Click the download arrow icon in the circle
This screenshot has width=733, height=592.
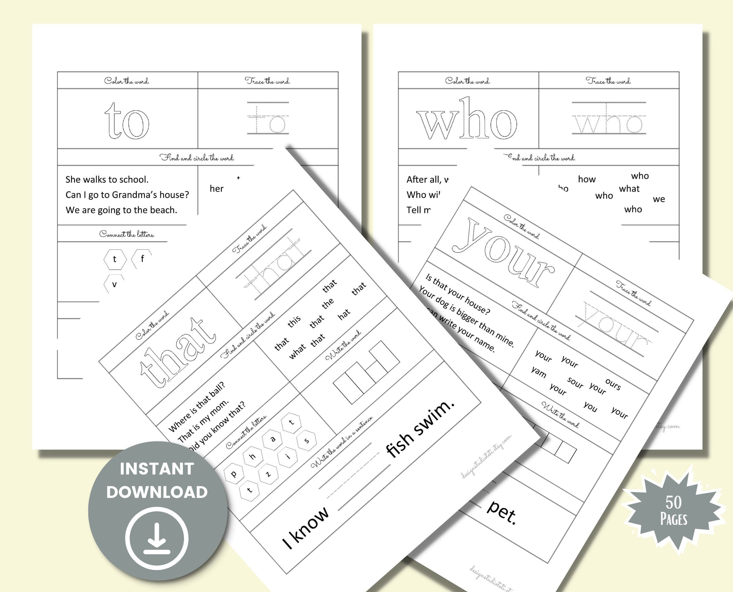(157, 538)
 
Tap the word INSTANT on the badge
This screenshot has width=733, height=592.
(157, 469)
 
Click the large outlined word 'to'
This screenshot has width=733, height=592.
(127, 121)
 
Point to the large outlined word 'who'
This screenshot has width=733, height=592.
(466, 119)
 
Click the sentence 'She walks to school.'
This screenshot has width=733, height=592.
(107, 179)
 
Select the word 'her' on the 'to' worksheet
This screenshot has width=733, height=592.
(217, 188)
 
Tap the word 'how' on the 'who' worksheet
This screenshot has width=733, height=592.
(587, 179)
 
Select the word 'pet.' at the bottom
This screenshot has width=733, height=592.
(501, 511)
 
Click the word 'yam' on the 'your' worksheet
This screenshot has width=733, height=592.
(539, 372)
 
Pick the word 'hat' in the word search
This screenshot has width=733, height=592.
(344, 314)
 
